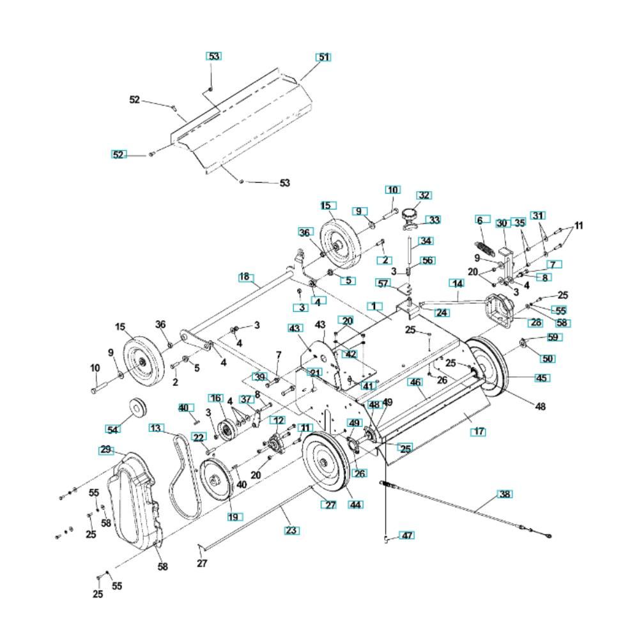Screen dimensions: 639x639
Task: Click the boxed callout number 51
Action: point(323,58)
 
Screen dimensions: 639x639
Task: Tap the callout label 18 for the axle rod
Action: point(245,277)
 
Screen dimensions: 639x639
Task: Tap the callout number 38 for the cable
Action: point(505,494)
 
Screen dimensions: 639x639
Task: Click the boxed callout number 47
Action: point(406,535)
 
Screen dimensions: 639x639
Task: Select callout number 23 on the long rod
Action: point(291,530)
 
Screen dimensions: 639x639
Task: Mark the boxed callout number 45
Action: point(542,378)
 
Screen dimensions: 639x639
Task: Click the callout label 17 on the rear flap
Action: point(477,432)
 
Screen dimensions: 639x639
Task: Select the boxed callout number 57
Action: point(401,282)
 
